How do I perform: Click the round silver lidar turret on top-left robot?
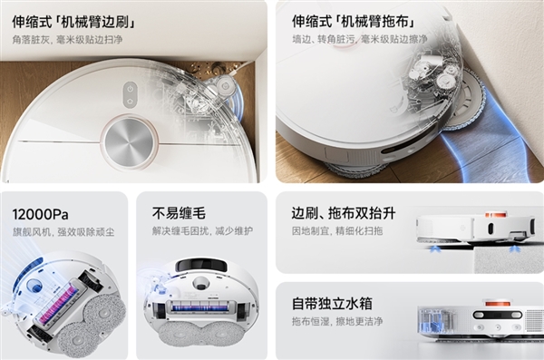pyautogui.click(x=128, y=141)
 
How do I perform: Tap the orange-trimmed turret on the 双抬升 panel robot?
pyautogui.click(x=494, y=216)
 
